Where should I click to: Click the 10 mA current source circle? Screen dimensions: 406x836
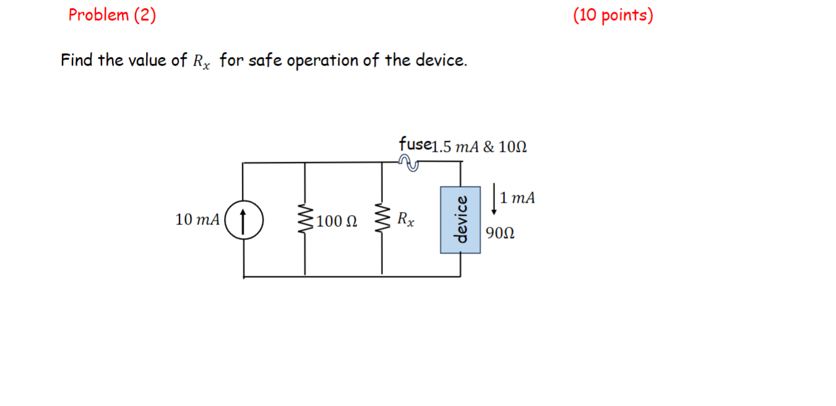tap(243, 219)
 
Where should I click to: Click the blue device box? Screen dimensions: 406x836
tap(460, 219)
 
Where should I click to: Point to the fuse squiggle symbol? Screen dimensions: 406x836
tap(409, 162)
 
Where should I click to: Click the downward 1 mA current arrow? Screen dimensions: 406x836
tap(493, 198)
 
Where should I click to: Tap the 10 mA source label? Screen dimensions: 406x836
tap(197, 220)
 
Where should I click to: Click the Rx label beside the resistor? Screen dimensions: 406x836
tap(407, 219)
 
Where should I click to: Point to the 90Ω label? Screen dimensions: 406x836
tap(501, 234)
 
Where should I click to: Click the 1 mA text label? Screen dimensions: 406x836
tap(518, 198)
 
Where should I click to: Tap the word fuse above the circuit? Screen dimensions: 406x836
tap(414, 144)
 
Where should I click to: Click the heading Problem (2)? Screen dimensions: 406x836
tap(112, 15)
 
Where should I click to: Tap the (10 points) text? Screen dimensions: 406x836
tap(613, 15)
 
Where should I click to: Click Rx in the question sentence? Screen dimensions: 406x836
tap(201, 62)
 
